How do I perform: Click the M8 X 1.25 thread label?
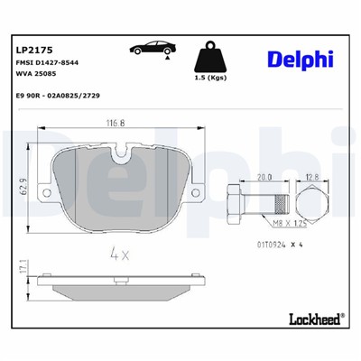coord(283,221)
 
